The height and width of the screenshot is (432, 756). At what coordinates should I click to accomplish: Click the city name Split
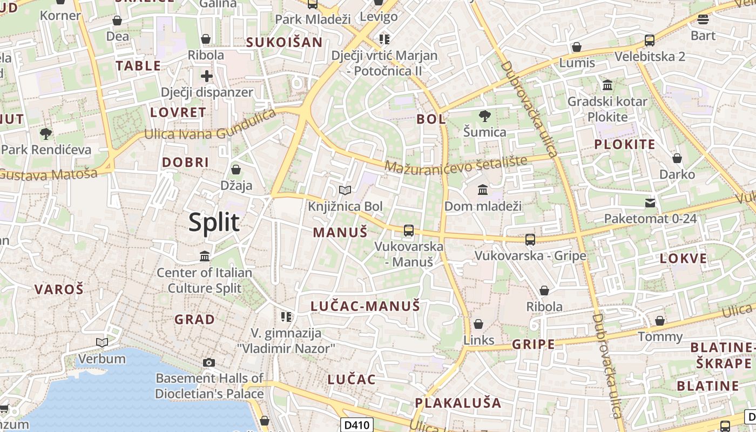(214, 222)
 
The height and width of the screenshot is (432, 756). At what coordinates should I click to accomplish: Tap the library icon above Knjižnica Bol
(345, 190)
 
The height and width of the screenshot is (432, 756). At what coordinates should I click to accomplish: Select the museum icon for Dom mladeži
(483, 190)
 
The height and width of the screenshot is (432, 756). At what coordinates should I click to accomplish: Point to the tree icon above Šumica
(484, 116)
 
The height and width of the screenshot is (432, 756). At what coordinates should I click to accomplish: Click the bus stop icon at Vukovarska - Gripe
(530, 239)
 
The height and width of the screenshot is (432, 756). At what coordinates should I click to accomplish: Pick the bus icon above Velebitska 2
(650, 40)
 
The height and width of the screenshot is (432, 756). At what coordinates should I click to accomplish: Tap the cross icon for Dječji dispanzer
(207, 76)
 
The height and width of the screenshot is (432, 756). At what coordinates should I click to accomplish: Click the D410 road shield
(357, 425)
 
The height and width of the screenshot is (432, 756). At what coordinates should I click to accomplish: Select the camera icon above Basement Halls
(209, 362)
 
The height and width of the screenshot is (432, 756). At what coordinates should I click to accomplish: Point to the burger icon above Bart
(703, 19)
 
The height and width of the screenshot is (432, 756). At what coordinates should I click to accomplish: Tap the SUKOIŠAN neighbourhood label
(284, 42)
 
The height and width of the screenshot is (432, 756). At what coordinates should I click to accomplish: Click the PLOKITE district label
(624, 144)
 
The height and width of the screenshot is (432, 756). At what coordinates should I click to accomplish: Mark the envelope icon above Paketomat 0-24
(650, 203)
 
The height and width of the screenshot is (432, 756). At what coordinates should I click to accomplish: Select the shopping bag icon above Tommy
(660, 321)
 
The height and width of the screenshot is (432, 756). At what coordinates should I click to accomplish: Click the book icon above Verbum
(102, 342)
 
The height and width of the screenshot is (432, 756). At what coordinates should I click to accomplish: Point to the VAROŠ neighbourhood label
(59, 289)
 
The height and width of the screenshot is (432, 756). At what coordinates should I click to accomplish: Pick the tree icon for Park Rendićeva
(46, 133)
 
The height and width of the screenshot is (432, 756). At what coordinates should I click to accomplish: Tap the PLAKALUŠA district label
(458, 403)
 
